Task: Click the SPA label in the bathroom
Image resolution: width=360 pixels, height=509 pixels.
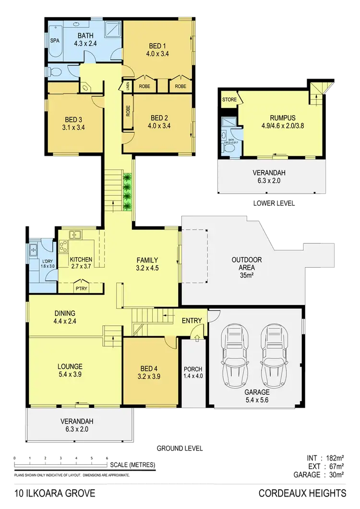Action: pos(54,41)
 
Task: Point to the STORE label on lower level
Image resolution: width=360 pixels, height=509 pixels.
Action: pos(228,99)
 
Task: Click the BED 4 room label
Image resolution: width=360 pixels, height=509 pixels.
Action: pos(148,368)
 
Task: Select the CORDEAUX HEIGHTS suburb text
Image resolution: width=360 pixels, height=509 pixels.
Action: pos(302,493)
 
